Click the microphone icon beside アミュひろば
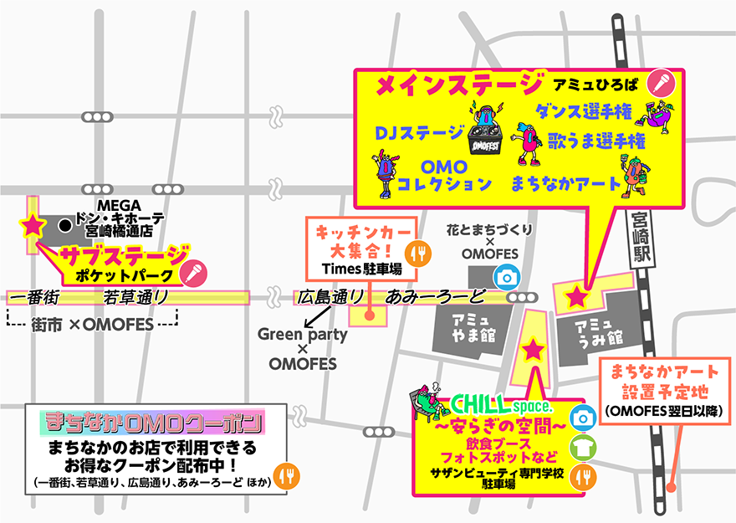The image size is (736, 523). point(662,82)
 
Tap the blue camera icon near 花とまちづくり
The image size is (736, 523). point(504,276)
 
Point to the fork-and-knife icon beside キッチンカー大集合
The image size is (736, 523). point(416,251)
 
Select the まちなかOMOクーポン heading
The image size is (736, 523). point(155,421)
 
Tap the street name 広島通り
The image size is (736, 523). point(330,297)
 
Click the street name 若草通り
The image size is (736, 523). point(136,297)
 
